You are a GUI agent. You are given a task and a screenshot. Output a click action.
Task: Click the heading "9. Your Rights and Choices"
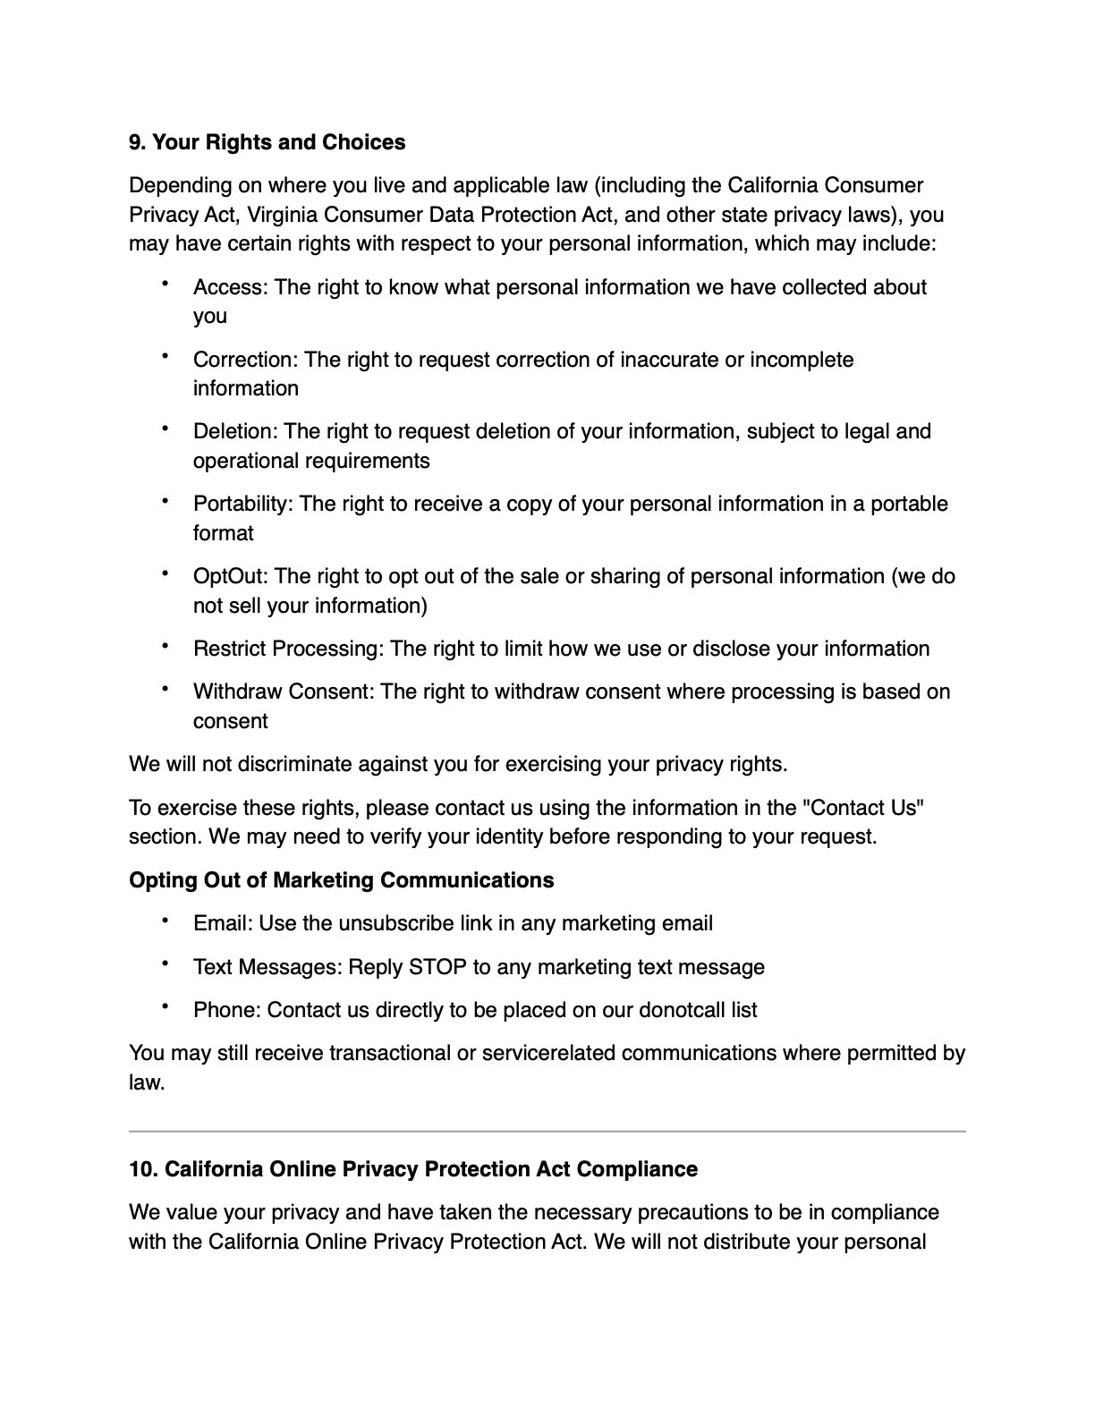pyautogui.click(x=267, y=142)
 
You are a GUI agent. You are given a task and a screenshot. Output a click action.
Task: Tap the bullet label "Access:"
pyautogui.click(x=231, y=287)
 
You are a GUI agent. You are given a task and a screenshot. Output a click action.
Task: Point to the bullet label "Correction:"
pyautogui.click(x=245, y=360)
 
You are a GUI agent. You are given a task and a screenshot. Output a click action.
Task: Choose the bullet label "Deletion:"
pyautogui.click(x=235, y=431)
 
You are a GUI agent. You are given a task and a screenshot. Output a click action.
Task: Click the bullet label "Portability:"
pyautogui.click(x=242, y=504)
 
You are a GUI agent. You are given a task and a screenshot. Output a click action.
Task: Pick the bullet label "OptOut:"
pyautogui.click(x=230, y=576)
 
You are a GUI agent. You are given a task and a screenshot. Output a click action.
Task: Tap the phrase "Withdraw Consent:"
pyautogui.click(x=284, y=692)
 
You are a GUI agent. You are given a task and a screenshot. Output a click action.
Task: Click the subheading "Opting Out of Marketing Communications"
pyautogui.click(x=341, y=880)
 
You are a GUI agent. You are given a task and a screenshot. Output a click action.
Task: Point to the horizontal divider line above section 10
pyautogui.click(x=547, y=1132)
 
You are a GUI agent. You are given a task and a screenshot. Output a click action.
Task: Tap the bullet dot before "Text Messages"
pyautogui.click(x=166, y=963)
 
